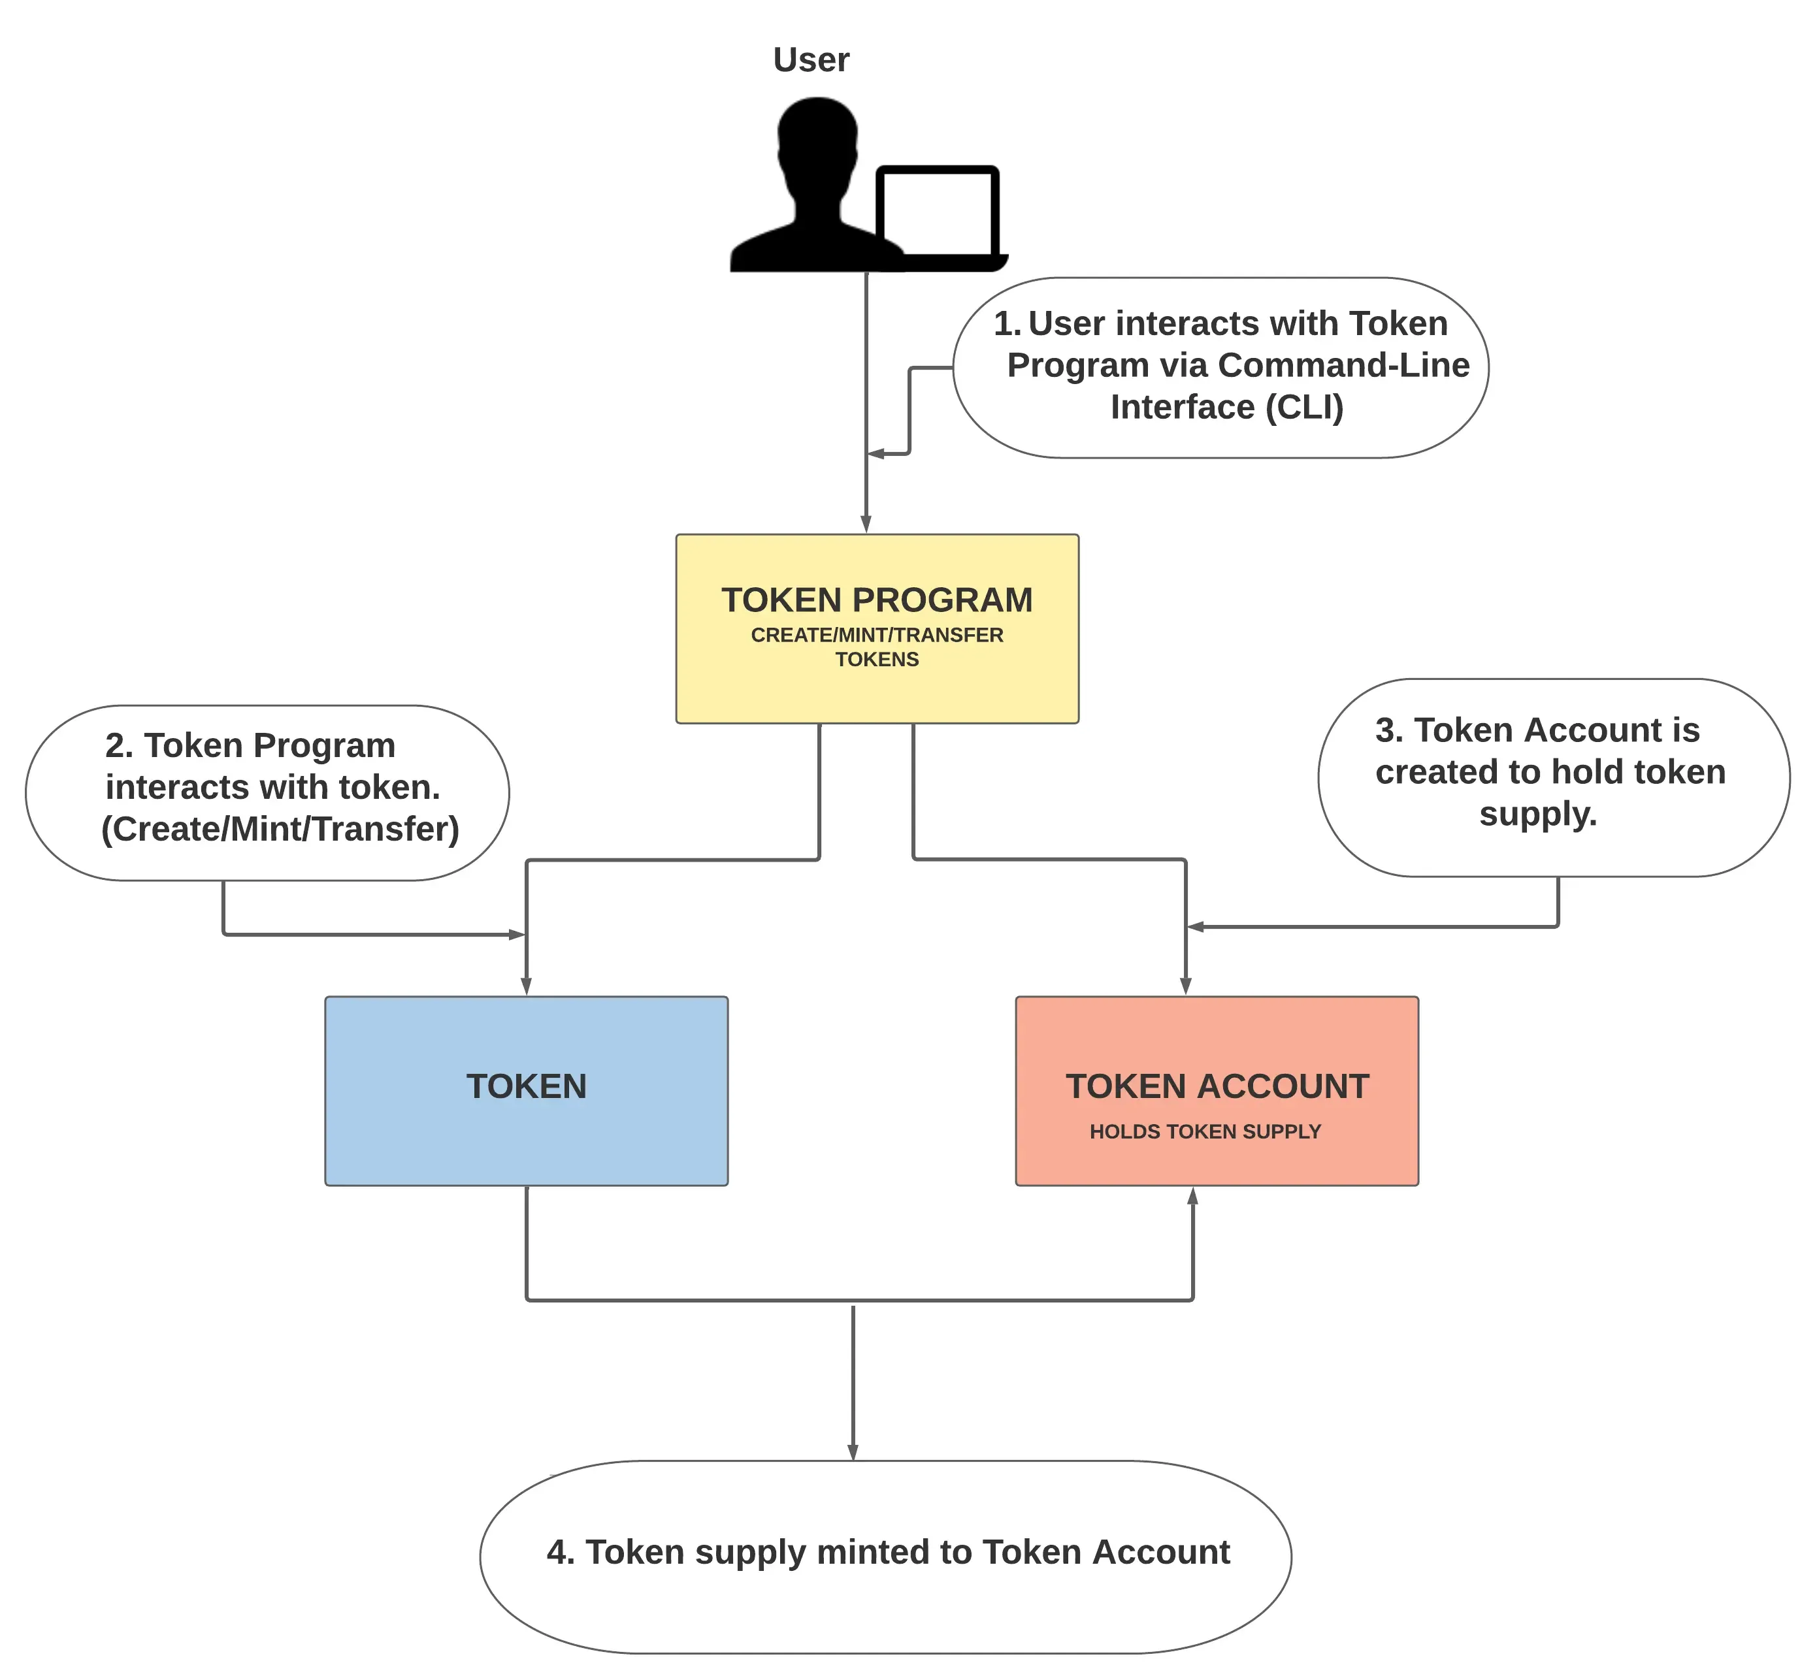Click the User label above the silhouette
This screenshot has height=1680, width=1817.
[810, 60]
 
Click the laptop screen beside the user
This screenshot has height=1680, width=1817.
[937, 213]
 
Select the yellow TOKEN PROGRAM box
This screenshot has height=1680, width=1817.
[877, 628]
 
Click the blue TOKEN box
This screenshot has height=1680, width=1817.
[526, 1090]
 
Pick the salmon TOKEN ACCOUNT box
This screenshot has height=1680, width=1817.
[1216, 1090]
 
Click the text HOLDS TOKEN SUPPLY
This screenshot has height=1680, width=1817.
[1204, 1132]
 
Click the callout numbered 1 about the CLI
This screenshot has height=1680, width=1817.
[1220, 367]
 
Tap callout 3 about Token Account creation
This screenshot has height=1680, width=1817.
[1552, 777]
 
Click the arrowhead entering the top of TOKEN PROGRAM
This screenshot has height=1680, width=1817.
[866, 525]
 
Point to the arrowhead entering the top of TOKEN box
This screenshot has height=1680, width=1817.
[526, 986]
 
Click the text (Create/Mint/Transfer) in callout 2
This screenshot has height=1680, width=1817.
[280, 829]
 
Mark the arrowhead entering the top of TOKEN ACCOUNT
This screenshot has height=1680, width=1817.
[1185, 986]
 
